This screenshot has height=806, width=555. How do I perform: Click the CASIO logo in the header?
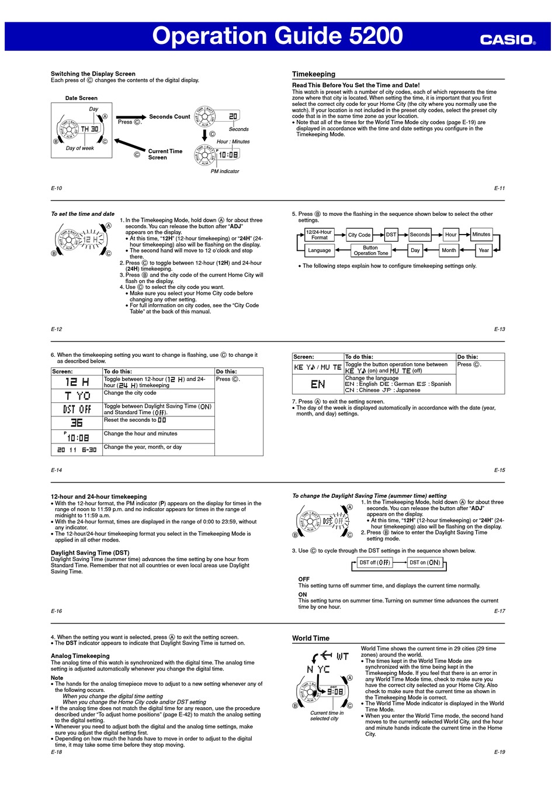pos(507,39)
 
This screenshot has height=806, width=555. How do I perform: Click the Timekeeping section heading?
pos(314,74)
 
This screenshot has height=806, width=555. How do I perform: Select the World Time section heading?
pos(311,638)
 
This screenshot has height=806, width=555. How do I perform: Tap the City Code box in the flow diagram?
pos(359,235)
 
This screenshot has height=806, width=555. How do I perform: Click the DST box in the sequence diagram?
pos(391,235)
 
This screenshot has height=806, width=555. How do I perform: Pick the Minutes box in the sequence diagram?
pos(481,235)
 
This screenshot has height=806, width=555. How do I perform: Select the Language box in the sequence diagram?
pos(319,250)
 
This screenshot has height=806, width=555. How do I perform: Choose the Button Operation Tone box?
pos(370,250)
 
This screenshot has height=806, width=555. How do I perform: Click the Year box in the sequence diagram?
pos(484,250)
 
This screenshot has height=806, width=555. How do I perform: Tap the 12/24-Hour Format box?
pos(319,235)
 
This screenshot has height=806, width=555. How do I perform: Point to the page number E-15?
pos(500,470)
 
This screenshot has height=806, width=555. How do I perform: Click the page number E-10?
pos(56,188)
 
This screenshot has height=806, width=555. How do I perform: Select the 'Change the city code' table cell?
pos(130,393)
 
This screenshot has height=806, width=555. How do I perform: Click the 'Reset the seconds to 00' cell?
pos(135,420)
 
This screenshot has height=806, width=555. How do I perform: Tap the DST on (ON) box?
pos(425,563)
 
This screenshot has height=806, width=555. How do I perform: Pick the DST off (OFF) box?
pos(374,563)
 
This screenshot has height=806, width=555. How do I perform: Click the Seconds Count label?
pos(169,116)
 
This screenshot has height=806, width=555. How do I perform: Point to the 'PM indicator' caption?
pos(225,171)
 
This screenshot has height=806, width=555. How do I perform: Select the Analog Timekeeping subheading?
pos(80,656)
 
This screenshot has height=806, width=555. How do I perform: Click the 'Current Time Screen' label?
pos(165,154)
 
